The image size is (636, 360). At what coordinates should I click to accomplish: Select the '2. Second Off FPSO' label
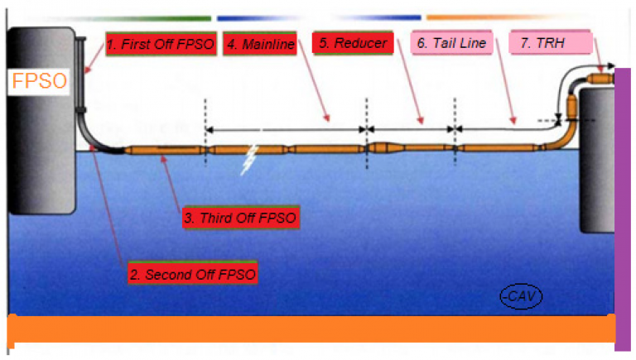(x=194, y=272)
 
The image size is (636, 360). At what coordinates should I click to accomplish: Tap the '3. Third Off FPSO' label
(x=240, y=218)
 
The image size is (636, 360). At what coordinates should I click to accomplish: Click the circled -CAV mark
(x=518, y=295)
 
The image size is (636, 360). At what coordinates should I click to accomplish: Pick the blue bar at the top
(x=319, y=17)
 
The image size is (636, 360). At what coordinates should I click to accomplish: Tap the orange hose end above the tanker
(x=600, y=79)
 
